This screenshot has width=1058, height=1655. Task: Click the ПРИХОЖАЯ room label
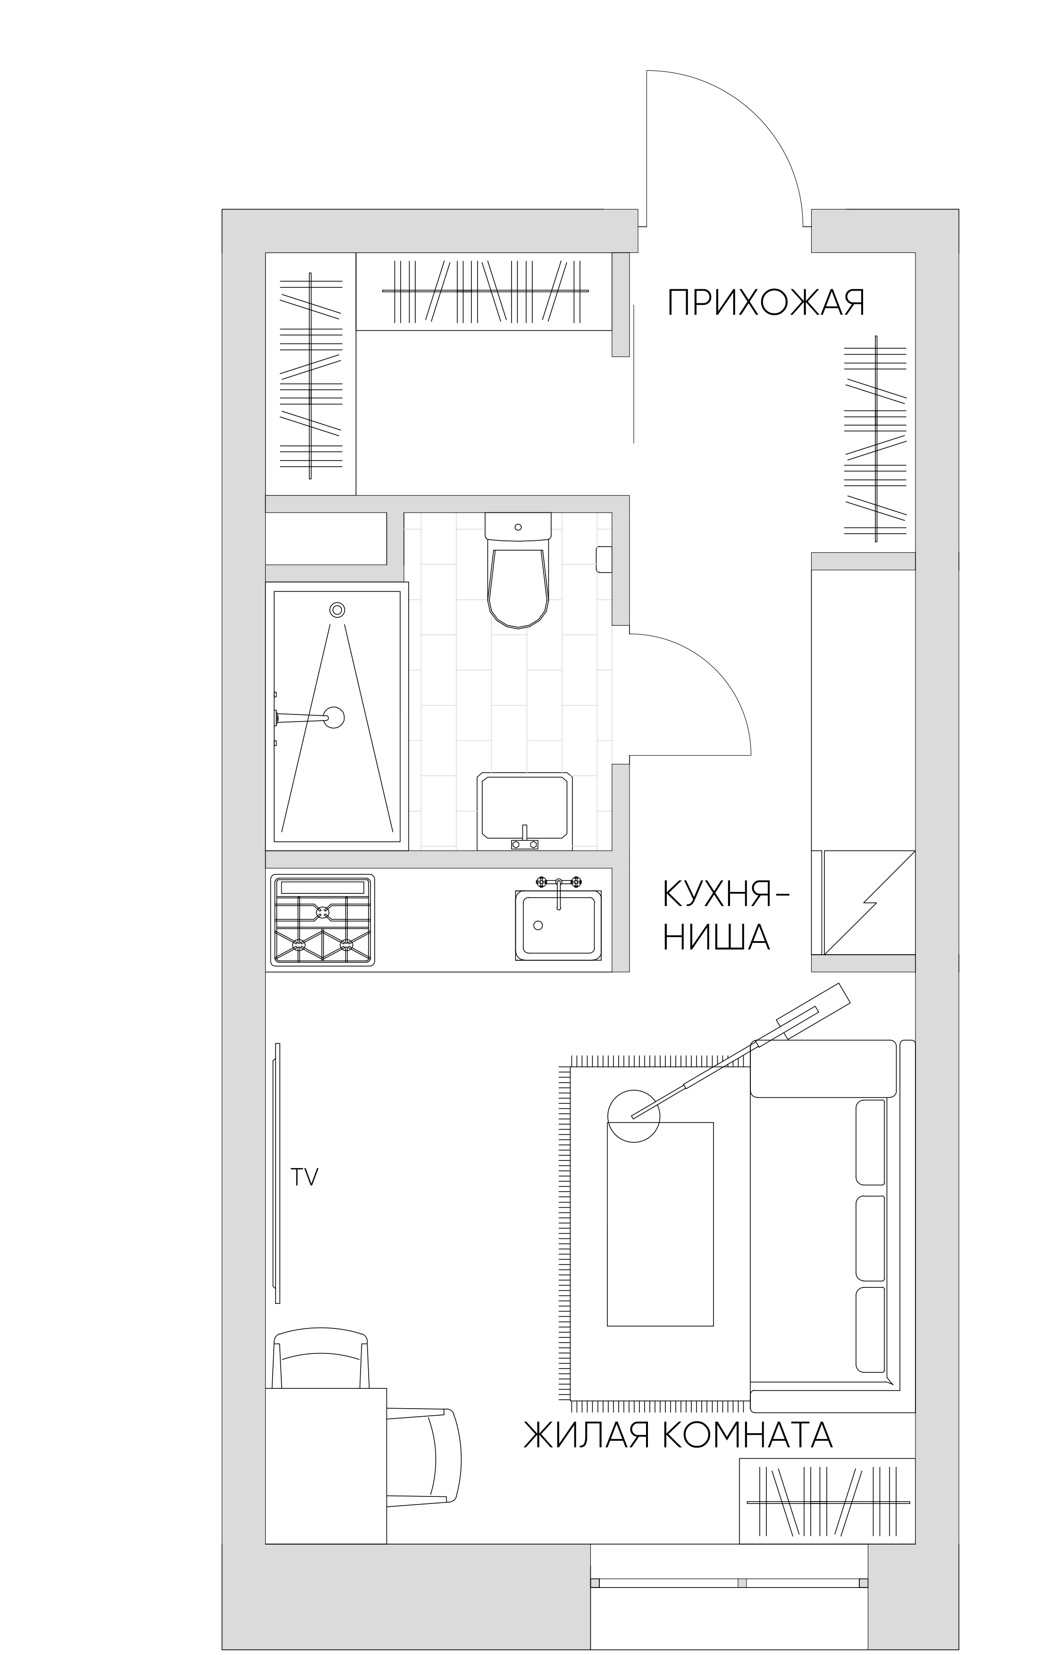click(766, 302)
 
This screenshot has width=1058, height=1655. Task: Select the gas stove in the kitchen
click(322, 920)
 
